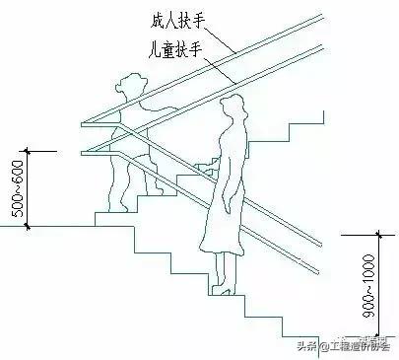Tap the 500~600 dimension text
(13, 187)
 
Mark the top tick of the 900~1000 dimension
(378, 235)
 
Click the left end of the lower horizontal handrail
(82, 150)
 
